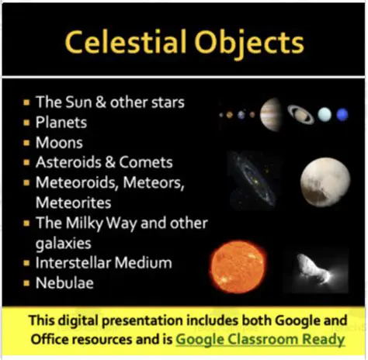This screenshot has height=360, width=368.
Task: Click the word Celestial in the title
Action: (123, 42)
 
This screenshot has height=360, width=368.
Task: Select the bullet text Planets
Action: (61, 123)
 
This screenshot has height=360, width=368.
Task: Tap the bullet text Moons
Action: (59, 143)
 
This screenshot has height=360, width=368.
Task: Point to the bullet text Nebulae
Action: (64, 283)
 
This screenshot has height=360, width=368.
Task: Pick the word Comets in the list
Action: (145, 163)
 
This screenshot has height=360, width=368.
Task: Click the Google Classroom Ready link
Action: (260, 339)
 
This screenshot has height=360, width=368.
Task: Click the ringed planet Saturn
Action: (300, 114)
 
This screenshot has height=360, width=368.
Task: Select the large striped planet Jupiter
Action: (271, 114)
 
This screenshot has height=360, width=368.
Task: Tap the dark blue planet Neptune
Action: (342, 114)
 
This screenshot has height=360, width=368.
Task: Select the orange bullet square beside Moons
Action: (27, 143)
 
